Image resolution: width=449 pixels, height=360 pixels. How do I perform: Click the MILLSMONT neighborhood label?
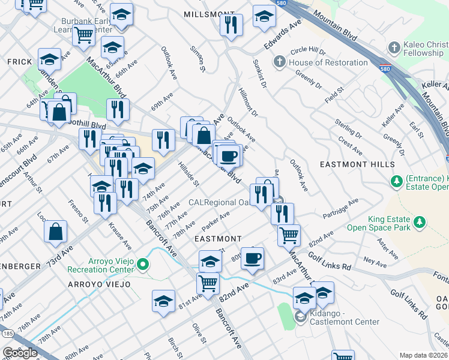click(x=209, y=13)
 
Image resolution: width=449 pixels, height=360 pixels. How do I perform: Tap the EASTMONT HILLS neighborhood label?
click(x=357, y=164)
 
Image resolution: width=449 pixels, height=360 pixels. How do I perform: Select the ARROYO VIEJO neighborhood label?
click(x=98, y=284)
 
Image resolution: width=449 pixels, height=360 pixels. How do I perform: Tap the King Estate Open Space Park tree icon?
click(x=420, y=223)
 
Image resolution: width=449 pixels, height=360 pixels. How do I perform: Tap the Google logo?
click(x=20, y=352)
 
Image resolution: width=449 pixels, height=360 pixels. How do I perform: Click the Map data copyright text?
click(x=423, y=355)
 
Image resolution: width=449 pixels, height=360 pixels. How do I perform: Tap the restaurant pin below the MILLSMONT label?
click(x=230, y=25)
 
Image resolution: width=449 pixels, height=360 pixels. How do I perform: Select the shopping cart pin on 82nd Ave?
click(x=208, y=281)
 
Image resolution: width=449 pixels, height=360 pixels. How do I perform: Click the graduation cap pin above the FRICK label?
click(x=49, y=59)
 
